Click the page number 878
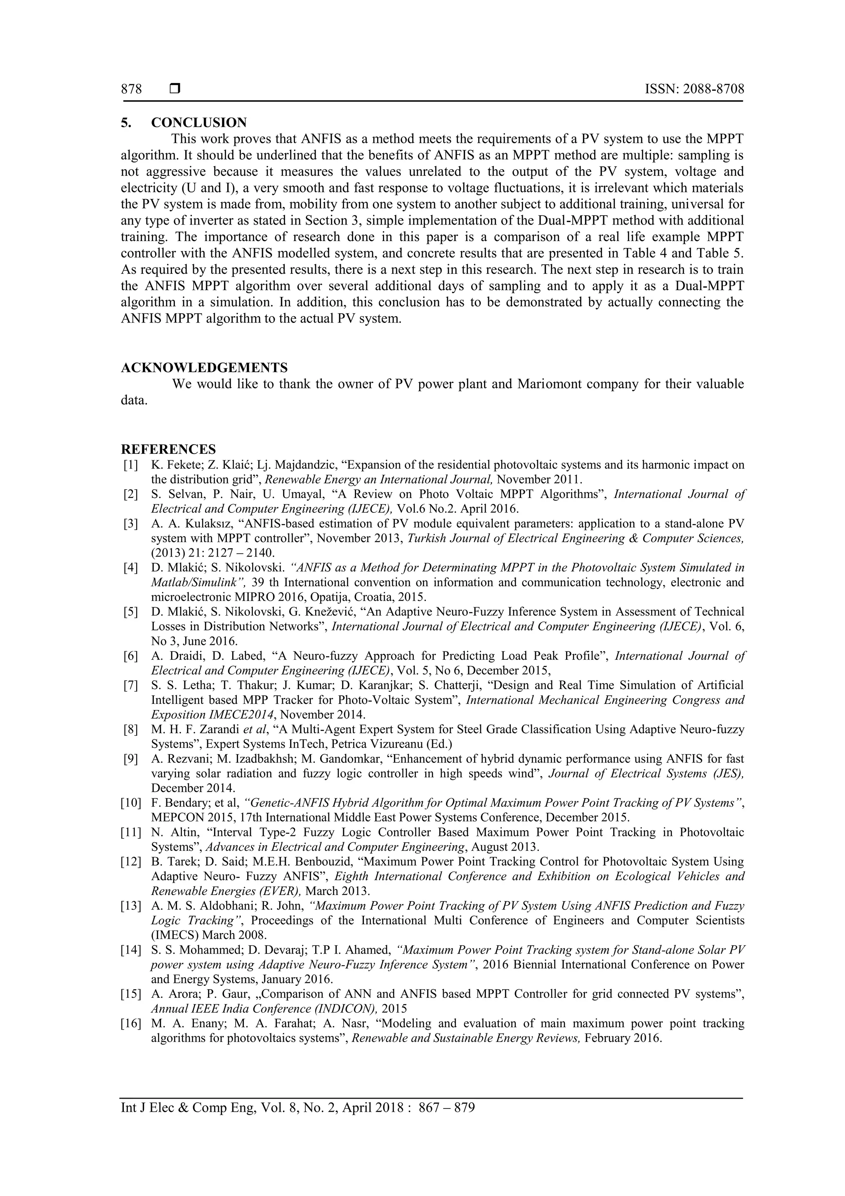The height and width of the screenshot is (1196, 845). pyautogui.click(x=131, y=89)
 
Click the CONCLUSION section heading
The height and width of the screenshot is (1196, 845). pyautogui.click(x=199, y=123)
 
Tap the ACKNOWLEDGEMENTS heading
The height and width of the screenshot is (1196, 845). pyautogui.click(x=204, y=368)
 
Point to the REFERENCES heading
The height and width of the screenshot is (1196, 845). pyautogui.click(x=168, y=449)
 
